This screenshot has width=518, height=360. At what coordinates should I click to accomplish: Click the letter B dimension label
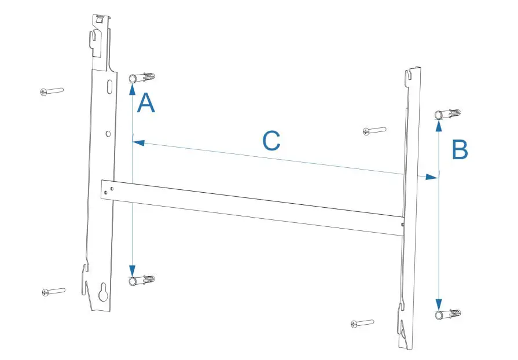click(460, 150)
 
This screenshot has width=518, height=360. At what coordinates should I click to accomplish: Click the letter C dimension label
click(271, 141)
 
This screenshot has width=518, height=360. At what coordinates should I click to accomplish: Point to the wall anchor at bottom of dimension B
click(448, 314)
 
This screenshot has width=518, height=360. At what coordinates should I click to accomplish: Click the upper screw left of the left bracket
click(52, 91)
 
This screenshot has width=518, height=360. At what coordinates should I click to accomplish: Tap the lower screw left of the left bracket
click(53, 291)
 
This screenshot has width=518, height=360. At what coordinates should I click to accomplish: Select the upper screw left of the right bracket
click(374, 131)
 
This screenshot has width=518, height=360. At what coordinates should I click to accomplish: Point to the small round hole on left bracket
click(108, 134)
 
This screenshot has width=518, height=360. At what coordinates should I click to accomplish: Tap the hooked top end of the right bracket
click(412, 74)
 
